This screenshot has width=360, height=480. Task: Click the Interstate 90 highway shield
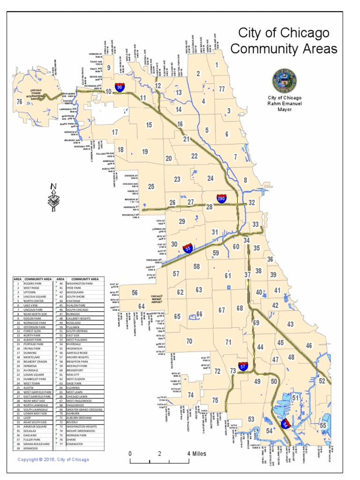pyautogui.click(x=120, y=87)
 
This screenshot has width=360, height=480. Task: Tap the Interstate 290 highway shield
pyautogui.click(x=221, y=198)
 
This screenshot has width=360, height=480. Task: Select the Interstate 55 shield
pyautogui.click(x=187, y=250)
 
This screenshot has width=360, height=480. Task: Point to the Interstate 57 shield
pyautogui.click(x=243, y=366)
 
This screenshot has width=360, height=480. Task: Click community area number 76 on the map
pyautogui.click(x=19, y=101)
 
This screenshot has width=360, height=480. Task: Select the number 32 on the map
pyautogui.click(x=252, y=202)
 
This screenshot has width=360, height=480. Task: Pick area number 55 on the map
pyautogui.click(x=323, y=425)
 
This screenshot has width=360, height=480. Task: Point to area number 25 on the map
pyautogui.click(x=151, y=187)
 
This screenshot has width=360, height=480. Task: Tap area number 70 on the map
pyautogui.click(x=189, y=341)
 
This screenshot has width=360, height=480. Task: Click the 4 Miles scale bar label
pyautogui.click(x=196, y=453)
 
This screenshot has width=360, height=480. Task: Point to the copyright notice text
pyautogui.click(x=53, y=460)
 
